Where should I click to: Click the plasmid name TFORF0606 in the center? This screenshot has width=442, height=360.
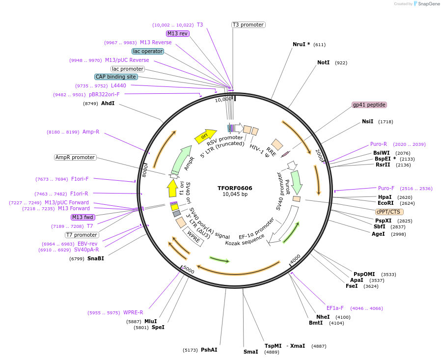[x=235, y=188]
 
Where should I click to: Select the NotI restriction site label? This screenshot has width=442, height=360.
[x=323, y=63]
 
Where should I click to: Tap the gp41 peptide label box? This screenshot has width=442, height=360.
[x=369, y=105]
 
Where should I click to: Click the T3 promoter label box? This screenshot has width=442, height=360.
[x=248, y=25]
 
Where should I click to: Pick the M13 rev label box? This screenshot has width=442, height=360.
[x=177, y=33]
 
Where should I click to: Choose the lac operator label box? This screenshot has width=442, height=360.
[x=147, y=51]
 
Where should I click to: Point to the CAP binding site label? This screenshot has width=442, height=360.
[x=116, y=77]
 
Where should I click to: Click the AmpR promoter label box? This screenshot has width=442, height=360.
[x=75, y=157]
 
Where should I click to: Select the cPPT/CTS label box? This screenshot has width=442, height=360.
[x=389, y=212]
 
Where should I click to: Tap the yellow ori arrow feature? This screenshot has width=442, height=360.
[x=206, y=136]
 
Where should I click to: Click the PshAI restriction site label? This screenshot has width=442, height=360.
[x=209, y=350]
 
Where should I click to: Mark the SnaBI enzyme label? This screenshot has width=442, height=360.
[x=96, y=258]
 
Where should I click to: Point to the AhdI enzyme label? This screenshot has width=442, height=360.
[x=108, y=104]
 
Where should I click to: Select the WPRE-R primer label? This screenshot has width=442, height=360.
[x=133, y=312]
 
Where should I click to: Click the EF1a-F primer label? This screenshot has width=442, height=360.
[x=335, y=308]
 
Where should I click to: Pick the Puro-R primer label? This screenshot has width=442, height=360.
[x=379, y=144]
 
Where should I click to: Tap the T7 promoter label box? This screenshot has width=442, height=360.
[x=82, y=235]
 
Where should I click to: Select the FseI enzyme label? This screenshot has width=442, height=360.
[x=352, y=286]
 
